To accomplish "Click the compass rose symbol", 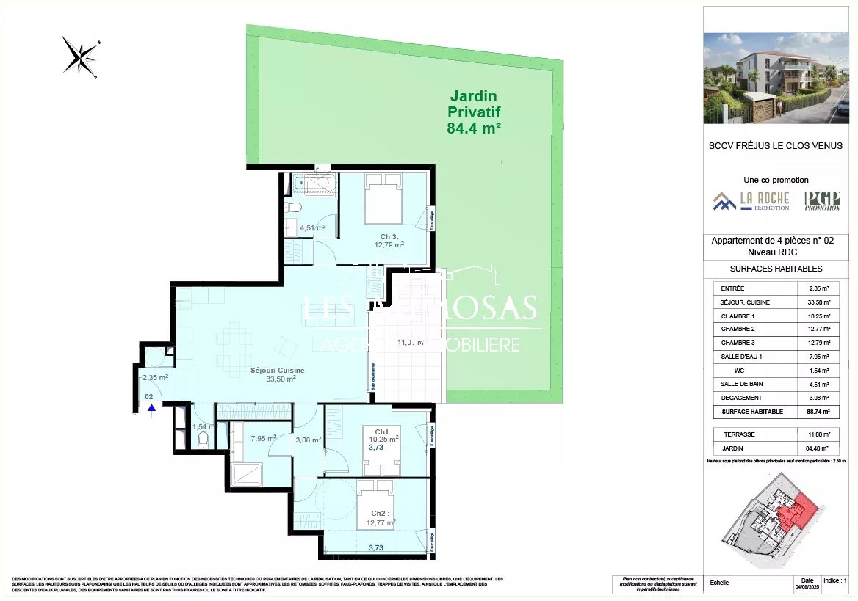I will [x=80, y=57].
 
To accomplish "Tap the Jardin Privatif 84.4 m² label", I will [x=473, y=112].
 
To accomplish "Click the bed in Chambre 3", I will [x=383, y=198].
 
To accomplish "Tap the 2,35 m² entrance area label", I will [x=155, y=378].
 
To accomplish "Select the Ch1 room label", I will [x=383, y=433].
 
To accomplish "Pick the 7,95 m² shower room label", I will [x=263, y=439].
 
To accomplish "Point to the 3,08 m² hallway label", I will [x=308, y=440].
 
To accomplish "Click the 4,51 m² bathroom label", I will [x=312, y=227].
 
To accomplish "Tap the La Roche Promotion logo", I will [x=751, y=200].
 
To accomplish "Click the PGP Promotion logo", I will [x=822, y=200].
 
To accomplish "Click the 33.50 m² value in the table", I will [x=818, y=302].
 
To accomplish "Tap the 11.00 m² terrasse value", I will [x=818, y=434].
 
